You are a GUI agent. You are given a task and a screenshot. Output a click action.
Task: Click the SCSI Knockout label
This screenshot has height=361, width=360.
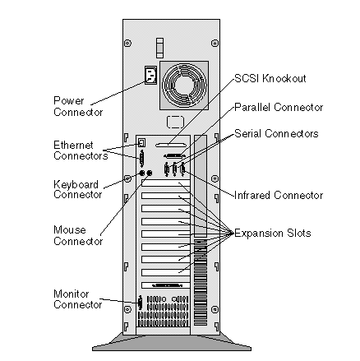(270, 78)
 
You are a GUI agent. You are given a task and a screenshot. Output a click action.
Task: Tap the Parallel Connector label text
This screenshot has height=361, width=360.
(279, 107)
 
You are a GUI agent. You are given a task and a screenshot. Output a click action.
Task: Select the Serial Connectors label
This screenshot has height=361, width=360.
(276, 133)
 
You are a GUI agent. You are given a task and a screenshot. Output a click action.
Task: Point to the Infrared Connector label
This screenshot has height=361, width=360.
(279, 195)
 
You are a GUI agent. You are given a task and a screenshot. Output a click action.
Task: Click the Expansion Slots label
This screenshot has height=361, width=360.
(273, 233)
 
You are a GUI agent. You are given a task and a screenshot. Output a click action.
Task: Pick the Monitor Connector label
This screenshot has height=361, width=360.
(78, 299)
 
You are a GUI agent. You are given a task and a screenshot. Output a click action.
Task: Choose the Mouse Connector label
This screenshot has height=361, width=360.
(78, 235)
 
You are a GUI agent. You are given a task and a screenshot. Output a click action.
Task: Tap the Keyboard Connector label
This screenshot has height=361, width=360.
(78, 189)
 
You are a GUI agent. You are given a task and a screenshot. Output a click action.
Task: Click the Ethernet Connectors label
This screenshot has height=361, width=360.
(81, 150)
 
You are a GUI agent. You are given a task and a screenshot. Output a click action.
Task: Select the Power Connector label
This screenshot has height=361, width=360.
(78, 106)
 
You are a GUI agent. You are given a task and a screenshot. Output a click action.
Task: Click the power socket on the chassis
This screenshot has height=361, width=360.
(150, 75)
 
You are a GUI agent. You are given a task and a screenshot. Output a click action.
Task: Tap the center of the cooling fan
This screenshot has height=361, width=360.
(184, 86)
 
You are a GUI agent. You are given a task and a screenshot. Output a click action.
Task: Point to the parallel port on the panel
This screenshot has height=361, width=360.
(173, 155)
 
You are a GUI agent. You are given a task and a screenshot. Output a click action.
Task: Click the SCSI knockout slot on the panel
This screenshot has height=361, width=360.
(171, 146)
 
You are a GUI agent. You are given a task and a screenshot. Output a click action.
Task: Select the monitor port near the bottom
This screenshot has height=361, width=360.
(141, 303)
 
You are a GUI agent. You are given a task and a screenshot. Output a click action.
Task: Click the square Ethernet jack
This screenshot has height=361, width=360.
(141, 142)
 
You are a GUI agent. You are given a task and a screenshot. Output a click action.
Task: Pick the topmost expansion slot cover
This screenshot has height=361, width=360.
(165, 183)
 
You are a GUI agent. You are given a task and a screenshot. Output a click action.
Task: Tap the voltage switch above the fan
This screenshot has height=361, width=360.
(159, 48)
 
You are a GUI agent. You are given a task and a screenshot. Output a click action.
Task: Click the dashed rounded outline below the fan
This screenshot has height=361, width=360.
(175, 122)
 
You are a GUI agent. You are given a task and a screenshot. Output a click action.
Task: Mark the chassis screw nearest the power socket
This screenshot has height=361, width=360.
(127, 43)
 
